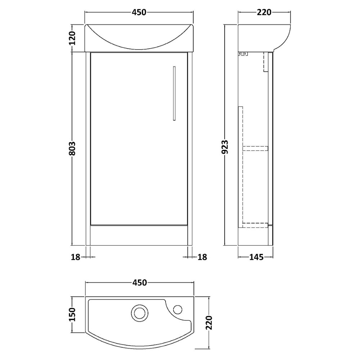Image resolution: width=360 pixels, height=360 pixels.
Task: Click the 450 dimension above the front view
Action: click(x=139, y=12)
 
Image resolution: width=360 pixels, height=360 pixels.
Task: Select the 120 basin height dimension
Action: click(x=72, y=38)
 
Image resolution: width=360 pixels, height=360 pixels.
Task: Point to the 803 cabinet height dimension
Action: click(x=72, y=149)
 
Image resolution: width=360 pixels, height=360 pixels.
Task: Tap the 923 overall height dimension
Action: click(x=225, y=147)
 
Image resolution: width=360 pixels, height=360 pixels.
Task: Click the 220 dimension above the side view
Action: click(x=264, y=12)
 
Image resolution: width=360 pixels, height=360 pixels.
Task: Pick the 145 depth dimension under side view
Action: click(x=256, y=257)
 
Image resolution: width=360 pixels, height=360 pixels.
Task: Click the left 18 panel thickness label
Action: click(x=76, y=257)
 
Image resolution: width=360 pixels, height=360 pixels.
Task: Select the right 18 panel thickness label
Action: click(x=202, y=257)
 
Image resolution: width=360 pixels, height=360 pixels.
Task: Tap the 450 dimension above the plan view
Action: click(x=140, y=283)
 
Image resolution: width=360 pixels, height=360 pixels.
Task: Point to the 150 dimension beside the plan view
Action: click(x=72, y=315)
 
